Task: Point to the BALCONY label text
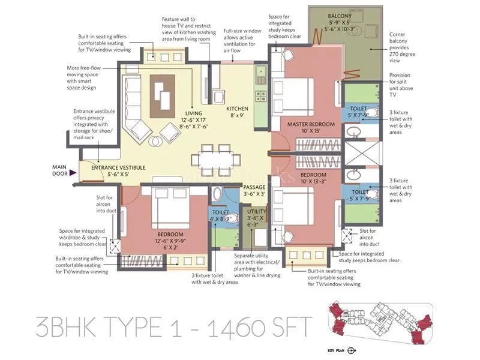(x=340, y=16)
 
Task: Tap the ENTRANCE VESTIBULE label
(x=118, y=168)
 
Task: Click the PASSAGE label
(x=254, y=187)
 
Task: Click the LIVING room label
(x=193, y=113)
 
